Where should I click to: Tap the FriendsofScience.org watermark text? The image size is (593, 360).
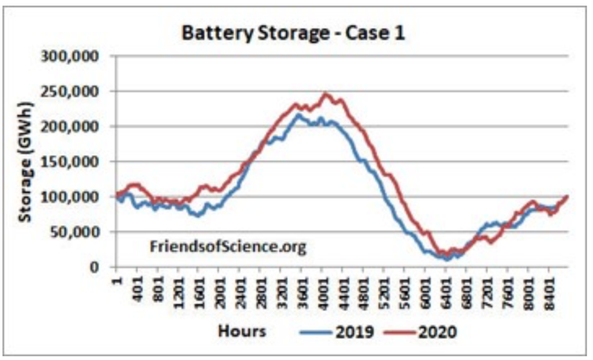pyautogui.click(x=228, y=246)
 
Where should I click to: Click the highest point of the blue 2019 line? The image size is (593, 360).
pyautogui.click(x=297, y=114)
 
